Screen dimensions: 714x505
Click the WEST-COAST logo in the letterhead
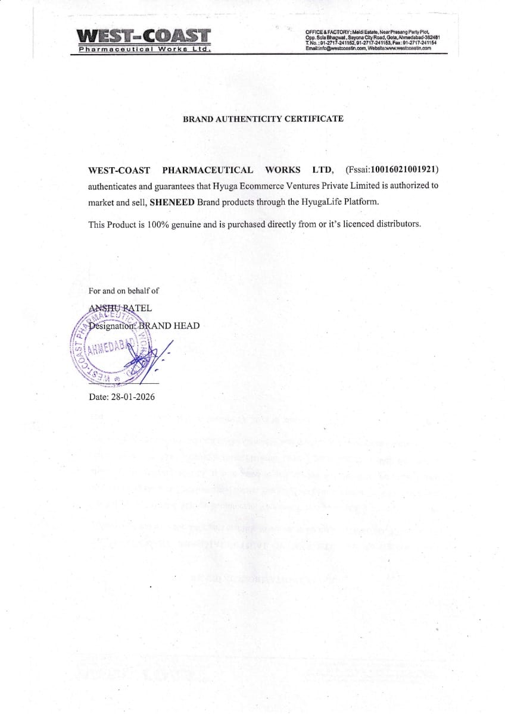point(143,36)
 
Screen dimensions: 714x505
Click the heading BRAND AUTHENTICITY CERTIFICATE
point(263,118)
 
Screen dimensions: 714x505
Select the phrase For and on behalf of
point(123,291)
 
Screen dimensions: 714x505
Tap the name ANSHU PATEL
point(120,308)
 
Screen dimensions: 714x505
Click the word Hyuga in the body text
point(210,186)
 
